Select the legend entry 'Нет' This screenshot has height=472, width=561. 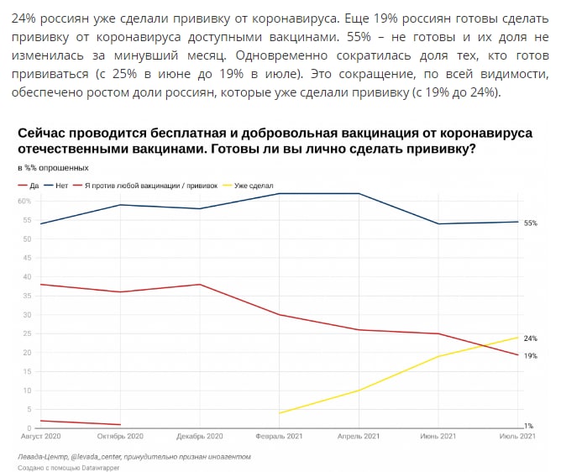point(60,185)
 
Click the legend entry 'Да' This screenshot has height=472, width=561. point(34,185)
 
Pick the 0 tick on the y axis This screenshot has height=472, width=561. point(29,428)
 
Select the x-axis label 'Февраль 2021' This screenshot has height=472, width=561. point(279,437)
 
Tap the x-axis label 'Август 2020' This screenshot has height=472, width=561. point(39,437)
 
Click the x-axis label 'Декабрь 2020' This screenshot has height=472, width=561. point(200,437)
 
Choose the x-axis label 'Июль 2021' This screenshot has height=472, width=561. point(516,437)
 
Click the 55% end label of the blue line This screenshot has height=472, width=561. point(530,223)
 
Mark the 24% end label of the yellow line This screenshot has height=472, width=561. point(530,338)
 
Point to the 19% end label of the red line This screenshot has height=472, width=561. point(530,356)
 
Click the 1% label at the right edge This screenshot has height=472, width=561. point(529,426)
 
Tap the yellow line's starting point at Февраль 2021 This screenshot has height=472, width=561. point(280,413)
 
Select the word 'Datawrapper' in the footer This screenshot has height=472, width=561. point(99,467)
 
